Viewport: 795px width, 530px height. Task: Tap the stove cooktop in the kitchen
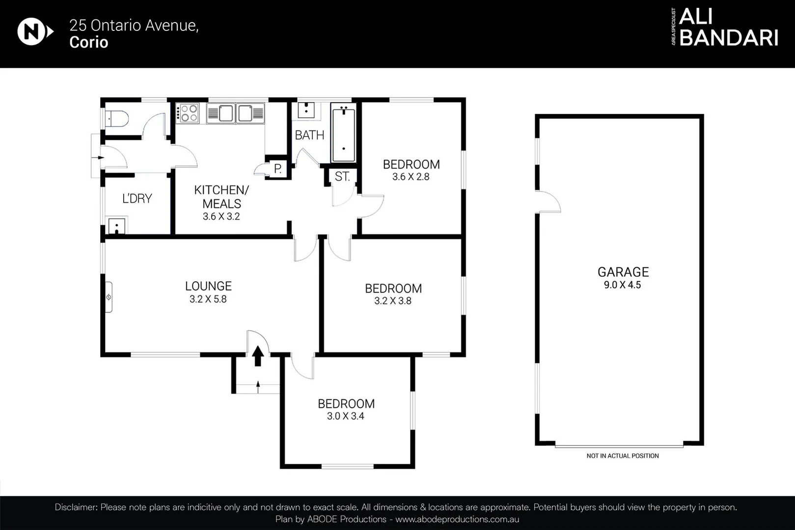tap(189, 113)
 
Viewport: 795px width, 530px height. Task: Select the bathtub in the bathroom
tap(343, 133)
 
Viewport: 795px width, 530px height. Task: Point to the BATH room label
tap(309, 135)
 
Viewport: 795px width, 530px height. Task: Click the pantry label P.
tap(278, 169)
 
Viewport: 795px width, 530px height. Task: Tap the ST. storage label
tap(342, 177)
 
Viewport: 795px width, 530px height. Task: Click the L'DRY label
tap(137, 198)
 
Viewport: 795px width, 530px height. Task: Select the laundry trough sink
tap(117, 226)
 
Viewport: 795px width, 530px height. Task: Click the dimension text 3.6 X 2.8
tap(411, 177)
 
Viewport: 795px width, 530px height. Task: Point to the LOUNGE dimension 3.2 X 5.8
tap(208, 299)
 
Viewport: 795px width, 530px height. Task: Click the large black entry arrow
tap(258, 356)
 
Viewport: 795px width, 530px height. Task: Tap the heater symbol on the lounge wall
tap(109, 297)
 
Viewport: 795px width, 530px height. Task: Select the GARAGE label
tap(623, 272)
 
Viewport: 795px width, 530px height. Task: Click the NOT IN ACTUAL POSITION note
tap(622, 456)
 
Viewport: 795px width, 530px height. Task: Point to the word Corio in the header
tap(88, 42)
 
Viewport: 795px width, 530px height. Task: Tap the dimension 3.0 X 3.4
tap(345, 416)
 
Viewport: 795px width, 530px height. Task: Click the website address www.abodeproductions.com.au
tap(457, 519)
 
